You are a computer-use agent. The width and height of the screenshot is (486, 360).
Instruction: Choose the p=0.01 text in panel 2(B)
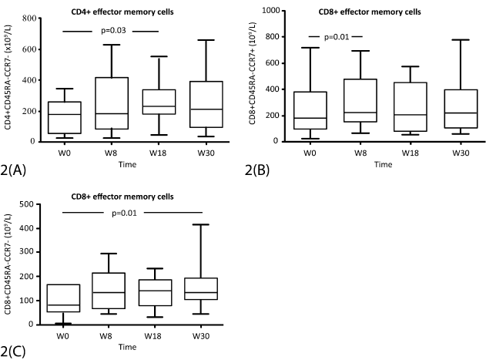(x=335, y=36)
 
